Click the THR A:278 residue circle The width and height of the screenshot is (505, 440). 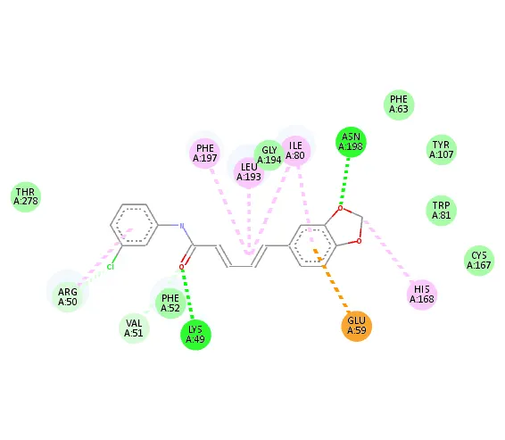click(x=26, y=197)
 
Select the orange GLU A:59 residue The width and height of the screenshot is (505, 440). click(x=357, y=326)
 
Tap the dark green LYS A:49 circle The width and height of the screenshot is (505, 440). click(x=195, y=335)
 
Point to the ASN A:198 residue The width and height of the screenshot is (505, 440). click(x=351, y=142)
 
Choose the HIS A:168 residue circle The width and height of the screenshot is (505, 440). click(x=422, y=295)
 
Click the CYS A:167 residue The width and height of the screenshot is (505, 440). click(x=479, y=261)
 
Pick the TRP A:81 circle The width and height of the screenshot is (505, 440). click(x=442, y=211)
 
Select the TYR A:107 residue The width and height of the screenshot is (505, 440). click(x=442, y=150)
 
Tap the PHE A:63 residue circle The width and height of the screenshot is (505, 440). click(x=399, y=104)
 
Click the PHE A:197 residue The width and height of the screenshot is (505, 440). click(x=205, y=153)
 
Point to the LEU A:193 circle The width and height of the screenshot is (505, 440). click(x=249, y=172)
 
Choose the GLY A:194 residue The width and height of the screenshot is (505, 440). click(x=269, y=155)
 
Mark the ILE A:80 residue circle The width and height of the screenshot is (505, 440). click(x=295, y=151)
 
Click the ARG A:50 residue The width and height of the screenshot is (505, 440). click(x=68, y=296)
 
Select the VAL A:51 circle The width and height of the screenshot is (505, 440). click(x=134, y=328)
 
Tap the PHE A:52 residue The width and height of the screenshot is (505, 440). click(x=170, y=303)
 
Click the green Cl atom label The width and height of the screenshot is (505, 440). click(x=111, y=267)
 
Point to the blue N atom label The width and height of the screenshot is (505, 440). click(x=182, y=226)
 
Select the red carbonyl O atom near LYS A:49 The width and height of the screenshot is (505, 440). click(x=182, y=267)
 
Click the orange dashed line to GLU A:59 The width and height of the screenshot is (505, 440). click(x=331, y=278)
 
